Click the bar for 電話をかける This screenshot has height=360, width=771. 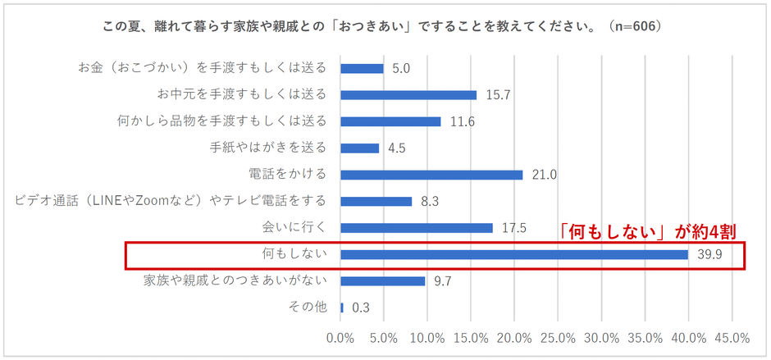click(431, 175)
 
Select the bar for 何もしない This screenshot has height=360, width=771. click(514, 254)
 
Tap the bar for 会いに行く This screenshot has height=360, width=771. click(416, 228)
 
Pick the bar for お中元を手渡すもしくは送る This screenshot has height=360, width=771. click(408, 95)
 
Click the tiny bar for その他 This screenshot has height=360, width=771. click(341, 308)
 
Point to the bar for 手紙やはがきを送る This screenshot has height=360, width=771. click(359, 148)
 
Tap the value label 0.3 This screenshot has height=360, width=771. click(361, 308)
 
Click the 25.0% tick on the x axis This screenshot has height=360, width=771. click(558, 338)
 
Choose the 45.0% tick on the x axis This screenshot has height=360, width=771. click(732, 338)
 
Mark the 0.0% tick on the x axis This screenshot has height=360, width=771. click(340, 338)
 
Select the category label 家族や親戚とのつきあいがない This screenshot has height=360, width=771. click(235, 280)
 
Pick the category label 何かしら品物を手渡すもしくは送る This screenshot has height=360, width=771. click(222, 121)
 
